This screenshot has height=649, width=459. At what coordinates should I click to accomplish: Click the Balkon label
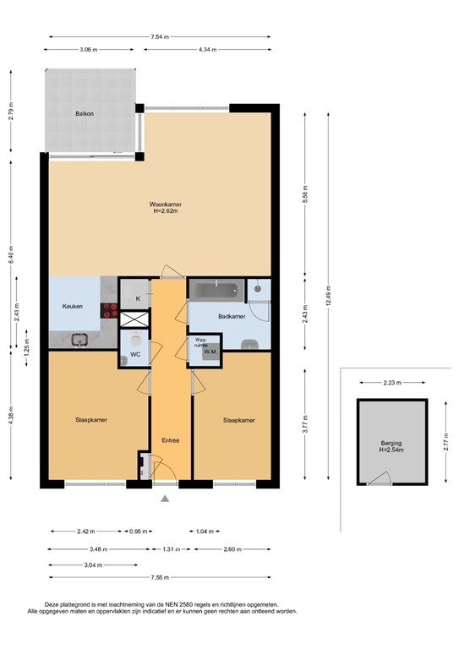pyautogui.click(x=83, y=112)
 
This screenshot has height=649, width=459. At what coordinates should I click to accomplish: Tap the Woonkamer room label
pyautogui.click(x=167, y=205)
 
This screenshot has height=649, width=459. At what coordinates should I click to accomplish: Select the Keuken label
pyautogui.click(x=72, y=307)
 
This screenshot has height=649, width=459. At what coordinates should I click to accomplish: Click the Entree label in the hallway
pyautogui.click(x=171, y=440)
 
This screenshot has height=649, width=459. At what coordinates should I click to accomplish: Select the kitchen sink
pyautogui.click(x=81, y=340)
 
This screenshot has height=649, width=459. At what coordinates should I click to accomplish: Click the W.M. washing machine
pyautogui.click(x=210, y=352)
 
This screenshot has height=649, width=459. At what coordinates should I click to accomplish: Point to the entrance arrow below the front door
pyautogui.click(x=165, y=499)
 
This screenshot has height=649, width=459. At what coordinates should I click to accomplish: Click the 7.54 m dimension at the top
pyautogui.click(x=160, y=37)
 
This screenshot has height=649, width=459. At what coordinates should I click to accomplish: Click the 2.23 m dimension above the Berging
pyautogui.click(x=390, y=384)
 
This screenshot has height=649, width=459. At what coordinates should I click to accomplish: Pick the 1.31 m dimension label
pyautogui.click(x=171, y=549)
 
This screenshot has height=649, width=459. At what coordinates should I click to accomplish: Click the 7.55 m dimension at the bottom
pyautogui.click(x=160, y=578)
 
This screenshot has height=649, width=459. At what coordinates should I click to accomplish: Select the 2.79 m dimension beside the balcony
pyautogui.click(x=12, y=112)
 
